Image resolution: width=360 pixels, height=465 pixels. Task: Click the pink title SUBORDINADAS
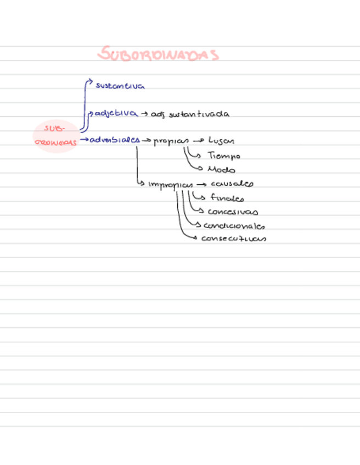click(x=159, y=54)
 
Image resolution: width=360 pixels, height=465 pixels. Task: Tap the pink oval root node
click(x=55, y=135)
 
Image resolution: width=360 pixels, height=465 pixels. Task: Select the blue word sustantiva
click(x=120, y=86)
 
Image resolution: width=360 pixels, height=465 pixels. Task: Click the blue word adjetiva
click(x=116, y=113)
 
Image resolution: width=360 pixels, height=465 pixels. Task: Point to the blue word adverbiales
click(x=115, y=139)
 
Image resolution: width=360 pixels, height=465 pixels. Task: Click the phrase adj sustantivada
click(x=190, y=115)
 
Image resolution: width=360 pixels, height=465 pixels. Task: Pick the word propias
click(x=171, y=141)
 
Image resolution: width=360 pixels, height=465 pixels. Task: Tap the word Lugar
click(x=221, y=141)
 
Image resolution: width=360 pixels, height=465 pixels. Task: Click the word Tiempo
click(x=223, y=156)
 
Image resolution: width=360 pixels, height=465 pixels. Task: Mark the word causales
click(x=232, y=184)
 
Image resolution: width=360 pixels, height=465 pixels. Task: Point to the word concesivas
click(x=233, y=212)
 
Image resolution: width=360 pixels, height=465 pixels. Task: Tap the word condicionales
click(x=235, y=226)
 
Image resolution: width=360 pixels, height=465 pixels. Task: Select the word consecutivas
click(x=234, y=239)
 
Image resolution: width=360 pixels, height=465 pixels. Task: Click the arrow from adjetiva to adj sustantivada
click(x=144, y=114)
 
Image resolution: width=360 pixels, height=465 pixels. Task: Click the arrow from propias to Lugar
click(x=199, y=141)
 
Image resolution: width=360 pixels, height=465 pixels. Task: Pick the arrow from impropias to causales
click(x=201, y=185)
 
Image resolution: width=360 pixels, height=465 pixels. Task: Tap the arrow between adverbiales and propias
click(x=147, y=140)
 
